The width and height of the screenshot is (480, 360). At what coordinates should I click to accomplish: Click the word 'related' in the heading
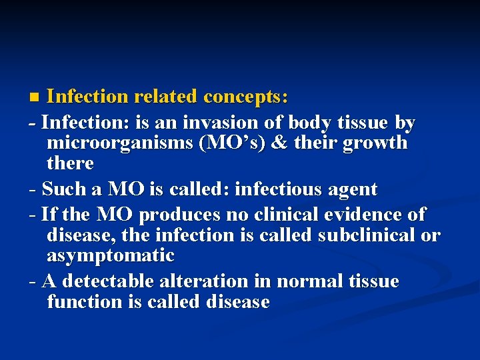[166, 97]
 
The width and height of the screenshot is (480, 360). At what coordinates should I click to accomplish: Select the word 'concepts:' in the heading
[246, 97]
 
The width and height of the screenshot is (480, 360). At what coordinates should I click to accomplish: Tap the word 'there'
[70, 163]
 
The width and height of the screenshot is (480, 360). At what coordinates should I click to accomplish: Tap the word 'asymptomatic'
[111, 256]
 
